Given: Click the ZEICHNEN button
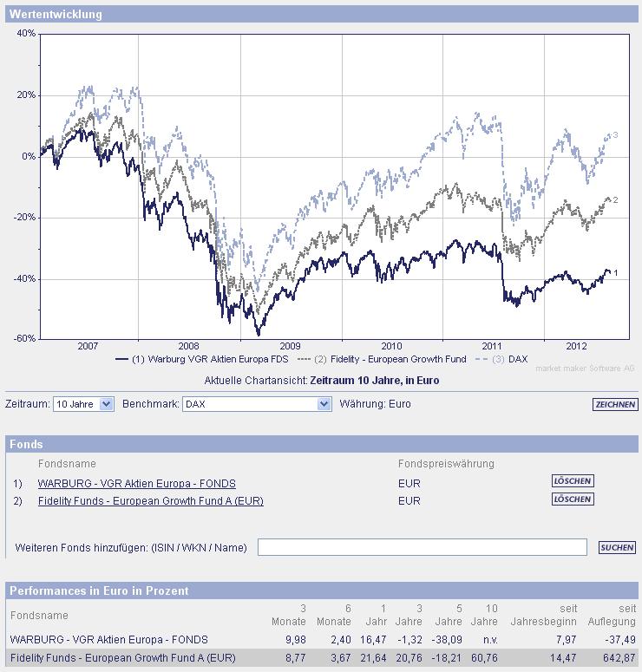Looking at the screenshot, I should [615, 404].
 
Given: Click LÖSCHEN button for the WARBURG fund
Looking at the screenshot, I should [573, 480].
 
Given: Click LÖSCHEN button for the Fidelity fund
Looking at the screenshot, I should [573, 499].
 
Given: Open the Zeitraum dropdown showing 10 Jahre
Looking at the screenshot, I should [83, 404].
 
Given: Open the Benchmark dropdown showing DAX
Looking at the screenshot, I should [258, 404].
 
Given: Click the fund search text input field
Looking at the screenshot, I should [423, 547].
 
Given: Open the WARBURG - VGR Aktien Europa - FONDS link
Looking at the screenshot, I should [136, 483].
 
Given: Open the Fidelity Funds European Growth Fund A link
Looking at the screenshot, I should [151, 500].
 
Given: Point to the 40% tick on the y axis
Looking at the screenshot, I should [26, 34].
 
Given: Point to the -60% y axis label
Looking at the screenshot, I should [24, 338].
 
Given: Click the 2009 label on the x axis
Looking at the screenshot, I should [290, 345].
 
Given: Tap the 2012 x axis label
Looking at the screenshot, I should [577, 345].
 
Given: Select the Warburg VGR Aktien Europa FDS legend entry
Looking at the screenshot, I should [200, 359].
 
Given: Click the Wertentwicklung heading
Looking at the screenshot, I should [56, 14].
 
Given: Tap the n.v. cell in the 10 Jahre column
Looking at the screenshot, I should [488, 639].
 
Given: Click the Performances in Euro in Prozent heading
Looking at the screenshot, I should [99, 590].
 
